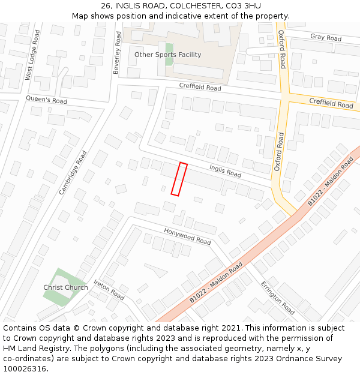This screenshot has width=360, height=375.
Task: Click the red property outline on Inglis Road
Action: tap(179, 179)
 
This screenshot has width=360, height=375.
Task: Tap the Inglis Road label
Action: tap(225, 171)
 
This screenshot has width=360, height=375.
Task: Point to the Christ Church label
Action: tap(65, 287)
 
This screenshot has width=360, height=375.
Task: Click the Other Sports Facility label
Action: tap(167, 55)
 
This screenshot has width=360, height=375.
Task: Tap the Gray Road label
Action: tap(326, 38)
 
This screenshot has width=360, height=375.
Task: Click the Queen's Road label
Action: tap(46, 100)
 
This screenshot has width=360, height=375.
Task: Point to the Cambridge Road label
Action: tap(73, 172)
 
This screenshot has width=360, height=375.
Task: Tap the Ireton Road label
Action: tap(109, 290)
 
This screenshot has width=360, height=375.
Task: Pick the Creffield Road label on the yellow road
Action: tap(331, 103)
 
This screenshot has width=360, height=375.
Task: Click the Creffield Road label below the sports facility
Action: tap(200, 88)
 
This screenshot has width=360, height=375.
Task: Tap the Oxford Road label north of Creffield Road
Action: tap(282, 49)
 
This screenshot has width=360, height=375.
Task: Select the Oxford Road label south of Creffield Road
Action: tap(278, 152)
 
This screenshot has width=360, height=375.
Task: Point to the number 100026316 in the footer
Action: tap(25, 368)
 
